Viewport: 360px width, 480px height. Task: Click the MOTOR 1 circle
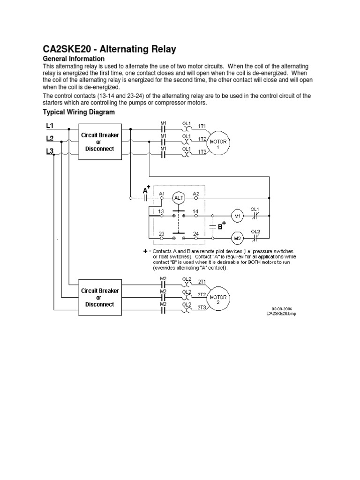[x=217, y=142]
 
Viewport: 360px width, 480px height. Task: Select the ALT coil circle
[x=179, y=198]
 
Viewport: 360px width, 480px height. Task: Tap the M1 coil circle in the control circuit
[x=237, y=216]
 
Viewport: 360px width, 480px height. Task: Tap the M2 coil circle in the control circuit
[x=237, y=238]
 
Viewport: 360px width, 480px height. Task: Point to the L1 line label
[x=50, y=126]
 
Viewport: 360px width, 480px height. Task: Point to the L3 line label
[x=50, y=151]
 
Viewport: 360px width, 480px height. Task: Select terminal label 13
[x=161, y=211]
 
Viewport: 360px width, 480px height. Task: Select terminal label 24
[x=195, y=233]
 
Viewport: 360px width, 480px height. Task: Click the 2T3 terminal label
[x=202, y=307]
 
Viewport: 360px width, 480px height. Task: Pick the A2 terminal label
[x=196, y=193]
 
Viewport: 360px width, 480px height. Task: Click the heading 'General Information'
[x=74, y=59]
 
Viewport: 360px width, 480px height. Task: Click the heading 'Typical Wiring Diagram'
[x=78, y=112]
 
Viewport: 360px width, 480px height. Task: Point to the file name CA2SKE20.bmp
[x=281, y=314]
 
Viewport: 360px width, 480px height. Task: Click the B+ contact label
[x=221, y=226]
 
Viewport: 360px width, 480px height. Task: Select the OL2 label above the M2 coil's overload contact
[x=255, y=232]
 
